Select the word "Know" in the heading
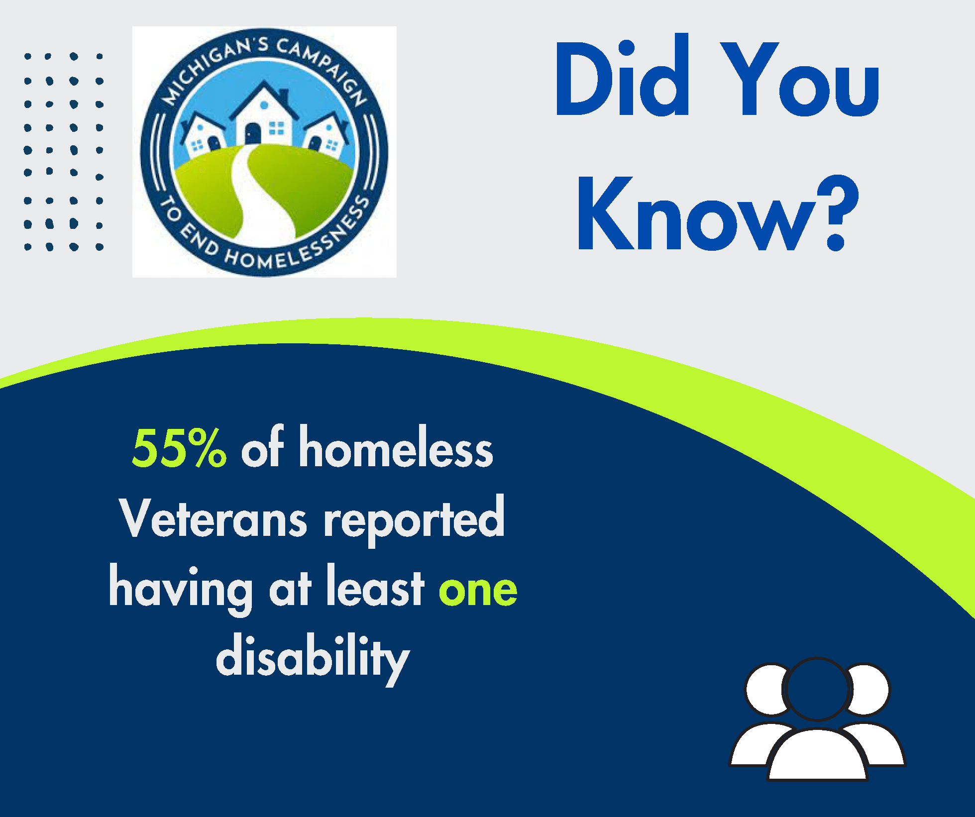pyautogui.click(x=697, y=214)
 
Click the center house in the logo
pyautogui.click(x=263, y=117)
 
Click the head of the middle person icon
pyautogui.click(x=817, y=689)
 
